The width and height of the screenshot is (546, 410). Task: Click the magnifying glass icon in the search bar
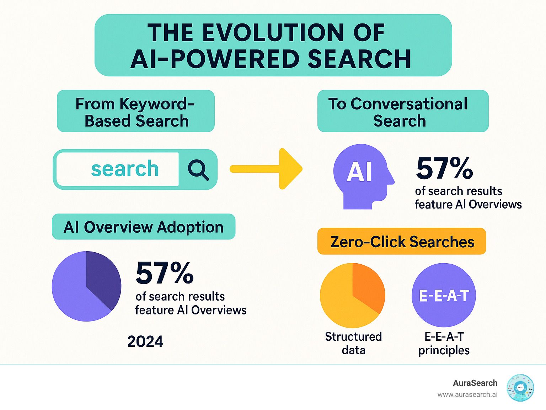pyautogui.click(x=198, y=169)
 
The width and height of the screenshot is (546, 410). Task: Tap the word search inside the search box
pyautogui.click(x=125, y=169)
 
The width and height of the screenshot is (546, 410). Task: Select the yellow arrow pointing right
pyautogui.click(x=267, y=169)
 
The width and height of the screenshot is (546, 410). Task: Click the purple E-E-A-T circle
pyautogui.click(x=444, y=295)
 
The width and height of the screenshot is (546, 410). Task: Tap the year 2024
pyautogui.click(x=145, y=341)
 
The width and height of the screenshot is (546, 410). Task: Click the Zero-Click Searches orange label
pyautogui.click(x=402, y=242)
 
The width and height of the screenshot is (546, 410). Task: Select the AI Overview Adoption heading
pyautogui.click(x=144, y=227)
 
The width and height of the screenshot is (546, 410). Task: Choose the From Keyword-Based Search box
pyautogui.click(x=136, y=112)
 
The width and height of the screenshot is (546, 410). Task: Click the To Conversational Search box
pyautogui.click(x=403, y=112)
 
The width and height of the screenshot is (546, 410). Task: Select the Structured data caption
pyautogui.click(x=353, y=343)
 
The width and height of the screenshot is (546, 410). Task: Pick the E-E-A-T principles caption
pyautogui.click(x=444, y=343)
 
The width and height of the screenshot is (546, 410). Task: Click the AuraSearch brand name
pyautogui.click(x=475, y=383)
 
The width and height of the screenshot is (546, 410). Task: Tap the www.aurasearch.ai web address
pyautogui.click(x=467, y=395)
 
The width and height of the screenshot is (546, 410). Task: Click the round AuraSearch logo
pyautogui.click(x=520, y=388)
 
